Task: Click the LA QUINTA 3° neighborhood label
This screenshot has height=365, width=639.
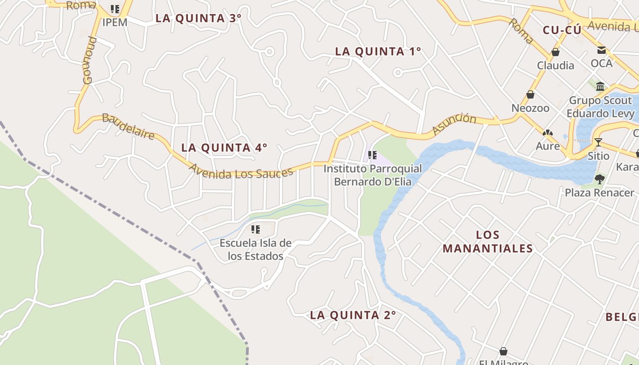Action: [x=198, y=18]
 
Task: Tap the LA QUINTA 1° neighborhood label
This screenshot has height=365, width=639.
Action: [x=378, y=52]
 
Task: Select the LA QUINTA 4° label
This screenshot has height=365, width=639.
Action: [x=224, y=148]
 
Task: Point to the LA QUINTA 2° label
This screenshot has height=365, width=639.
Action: [x=353, y=315]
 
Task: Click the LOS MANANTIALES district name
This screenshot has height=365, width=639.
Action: [x=487, y=242]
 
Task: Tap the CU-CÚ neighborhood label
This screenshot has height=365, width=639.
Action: [x=562, y=31]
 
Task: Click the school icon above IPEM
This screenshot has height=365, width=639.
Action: [x=115, y=9]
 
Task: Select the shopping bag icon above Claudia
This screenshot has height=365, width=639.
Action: [x=555, y=52]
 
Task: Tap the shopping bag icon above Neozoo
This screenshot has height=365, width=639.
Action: [x=530, y=94]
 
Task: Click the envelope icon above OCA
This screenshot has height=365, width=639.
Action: [x=602, y=50]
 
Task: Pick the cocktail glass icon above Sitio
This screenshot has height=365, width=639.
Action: [x=598, y=142]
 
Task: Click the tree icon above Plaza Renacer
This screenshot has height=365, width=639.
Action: [x=600, y=179]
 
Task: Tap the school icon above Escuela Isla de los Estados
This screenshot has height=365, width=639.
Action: [x=256, y=229]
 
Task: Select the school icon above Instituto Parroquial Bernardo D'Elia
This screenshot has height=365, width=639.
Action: [x=372, y=155]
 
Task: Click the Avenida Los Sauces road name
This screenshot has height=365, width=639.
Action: [x=241, y=172]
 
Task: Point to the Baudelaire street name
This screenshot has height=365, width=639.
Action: [x=128, y=126]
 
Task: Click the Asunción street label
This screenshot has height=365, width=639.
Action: [x=454, y=124]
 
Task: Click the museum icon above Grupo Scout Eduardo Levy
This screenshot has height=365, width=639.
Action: [x=601, y=86]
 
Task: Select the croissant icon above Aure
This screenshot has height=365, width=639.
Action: [x=547, y=133]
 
